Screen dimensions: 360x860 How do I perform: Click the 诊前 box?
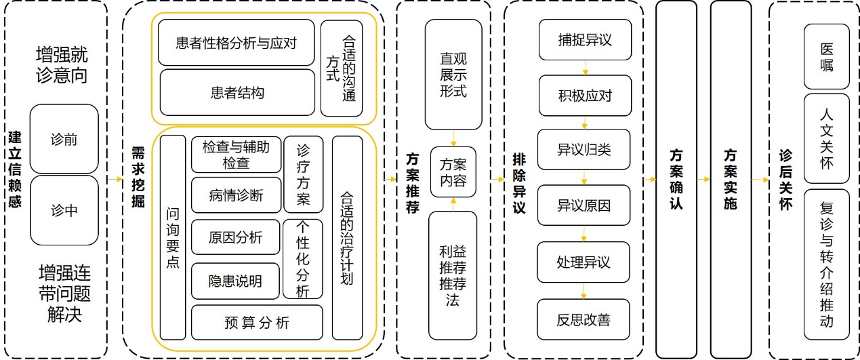tap(64, 139)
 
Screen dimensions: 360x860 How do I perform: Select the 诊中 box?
tap(64, 210)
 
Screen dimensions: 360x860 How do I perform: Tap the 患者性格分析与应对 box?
tap(237, 43)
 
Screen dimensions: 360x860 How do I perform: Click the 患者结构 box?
tap(237, 93)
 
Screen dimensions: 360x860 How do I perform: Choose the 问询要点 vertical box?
tap(173, 237)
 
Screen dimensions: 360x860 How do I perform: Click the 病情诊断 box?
tap(236, 196)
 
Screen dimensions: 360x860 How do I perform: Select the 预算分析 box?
tap(257, 323)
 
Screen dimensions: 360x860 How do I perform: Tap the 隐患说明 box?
tap(236, 280)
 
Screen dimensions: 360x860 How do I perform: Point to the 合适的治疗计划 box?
tap(347, 237)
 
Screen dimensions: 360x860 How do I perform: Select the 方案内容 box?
tap(453, 172)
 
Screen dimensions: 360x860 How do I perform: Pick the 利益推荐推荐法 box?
tap(453, 275)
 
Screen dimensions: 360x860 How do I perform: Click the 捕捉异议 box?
tap(585, 40)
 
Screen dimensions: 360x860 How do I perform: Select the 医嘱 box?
tap(826, 58)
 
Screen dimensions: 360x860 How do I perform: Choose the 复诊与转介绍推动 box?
tap(826, 264)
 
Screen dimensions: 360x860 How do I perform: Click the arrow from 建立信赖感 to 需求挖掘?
tap(114, 180)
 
